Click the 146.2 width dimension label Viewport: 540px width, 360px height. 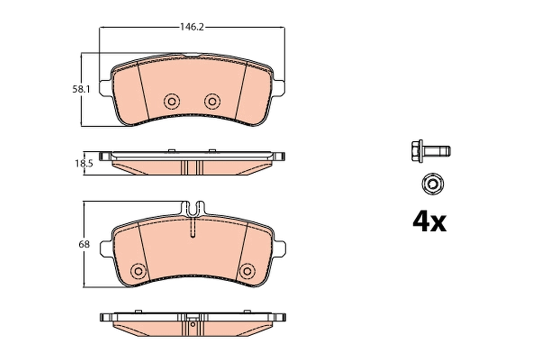[192, 27]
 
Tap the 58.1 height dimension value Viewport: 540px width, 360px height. [81, 90]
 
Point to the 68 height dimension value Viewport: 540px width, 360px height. [84, 245]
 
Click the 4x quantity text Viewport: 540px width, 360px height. [430, 222]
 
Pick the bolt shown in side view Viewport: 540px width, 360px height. [431, 150]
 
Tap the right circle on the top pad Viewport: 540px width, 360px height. [211, 101]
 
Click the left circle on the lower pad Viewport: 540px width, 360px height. [138, 270]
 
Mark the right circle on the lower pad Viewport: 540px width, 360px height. [246, 270]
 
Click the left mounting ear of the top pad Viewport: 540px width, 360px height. [104, 88]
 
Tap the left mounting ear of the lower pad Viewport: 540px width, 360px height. [104, 248]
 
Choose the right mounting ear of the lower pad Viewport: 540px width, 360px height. [280, 248]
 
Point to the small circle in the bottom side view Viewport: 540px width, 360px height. [193, 324]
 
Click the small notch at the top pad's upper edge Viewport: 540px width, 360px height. [192, 56]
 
